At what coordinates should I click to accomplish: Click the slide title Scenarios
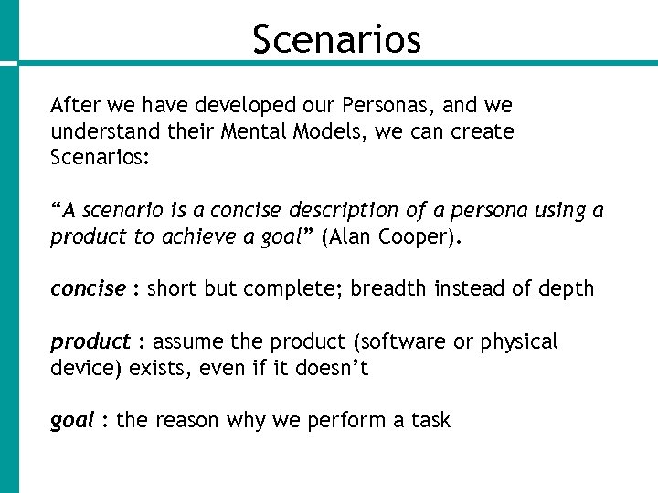336,39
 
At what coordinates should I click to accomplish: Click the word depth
568,289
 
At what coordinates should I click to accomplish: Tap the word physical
517,342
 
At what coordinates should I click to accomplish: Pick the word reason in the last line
188,421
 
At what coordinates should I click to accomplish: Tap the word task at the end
430,421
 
